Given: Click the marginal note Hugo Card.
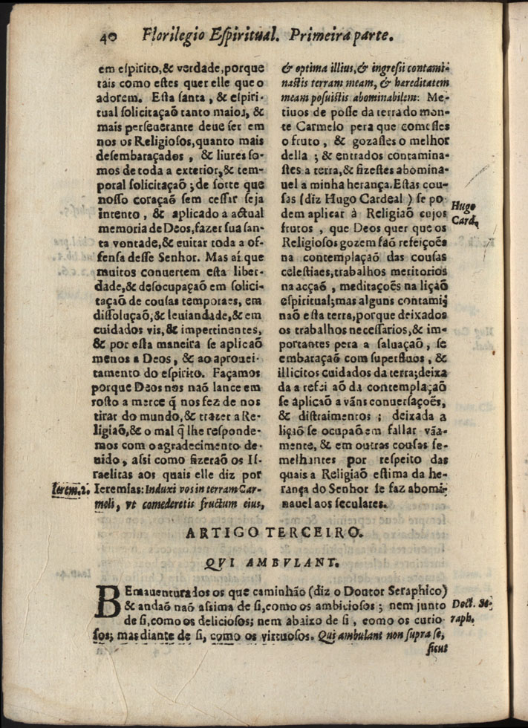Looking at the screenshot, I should point(465,212).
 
